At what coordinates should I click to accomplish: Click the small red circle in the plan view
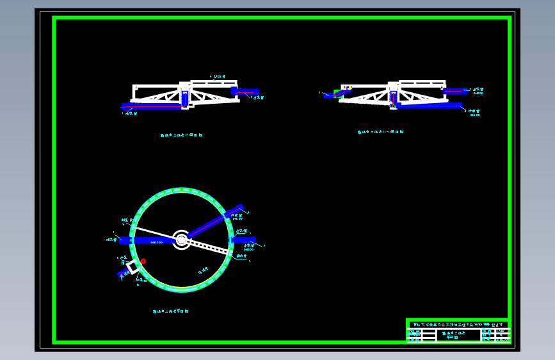click(x=143, y=261)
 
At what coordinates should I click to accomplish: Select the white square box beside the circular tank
click(x=133, y=267)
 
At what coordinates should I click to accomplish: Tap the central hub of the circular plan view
click(x=181, y=240)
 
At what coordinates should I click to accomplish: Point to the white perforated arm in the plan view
click(x=208, y=246)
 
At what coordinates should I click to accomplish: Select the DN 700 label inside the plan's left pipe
click(x=156, y=242)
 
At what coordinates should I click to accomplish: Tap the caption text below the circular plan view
click(x=170, y=311)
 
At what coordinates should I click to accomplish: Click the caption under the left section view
click(x=182, y=135)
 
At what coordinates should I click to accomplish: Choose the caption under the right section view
click(x=380, y=132)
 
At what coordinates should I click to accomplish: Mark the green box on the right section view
click(x=337, y=92)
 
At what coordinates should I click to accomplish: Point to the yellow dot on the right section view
click(x=350, y=88)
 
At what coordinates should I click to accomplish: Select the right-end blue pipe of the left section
click(x=246, y=92)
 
